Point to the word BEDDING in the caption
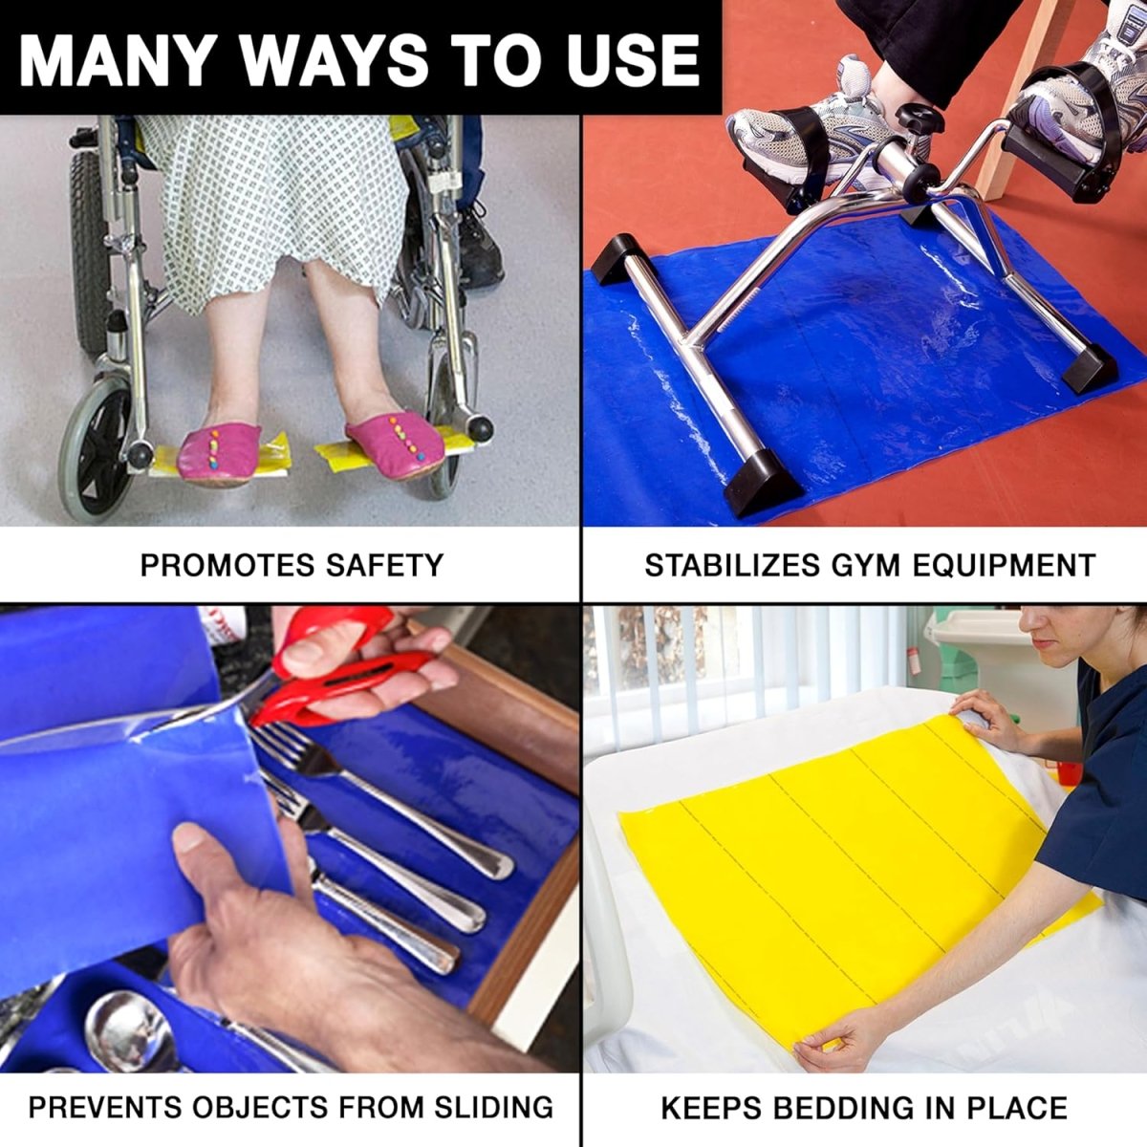[x=845, y=1108]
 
